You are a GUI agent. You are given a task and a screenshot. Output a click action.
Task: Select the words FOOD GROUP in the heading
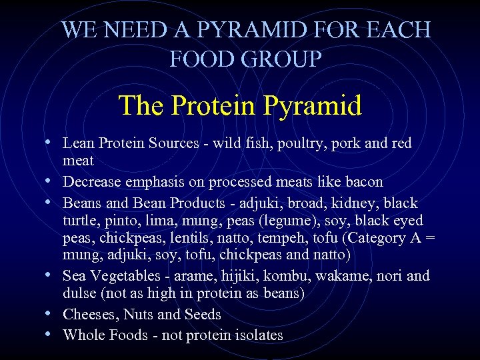(x=246, y=59)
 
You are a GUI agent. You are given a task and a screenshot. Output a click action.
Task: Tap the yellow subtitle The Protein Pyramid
(x=240, y=105)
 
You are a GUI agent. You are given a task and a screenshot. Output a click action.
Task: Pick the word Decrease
(x=93, y=181)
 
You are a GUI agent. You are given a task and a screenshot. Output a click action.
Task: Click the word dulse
(x=80, y=293)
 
